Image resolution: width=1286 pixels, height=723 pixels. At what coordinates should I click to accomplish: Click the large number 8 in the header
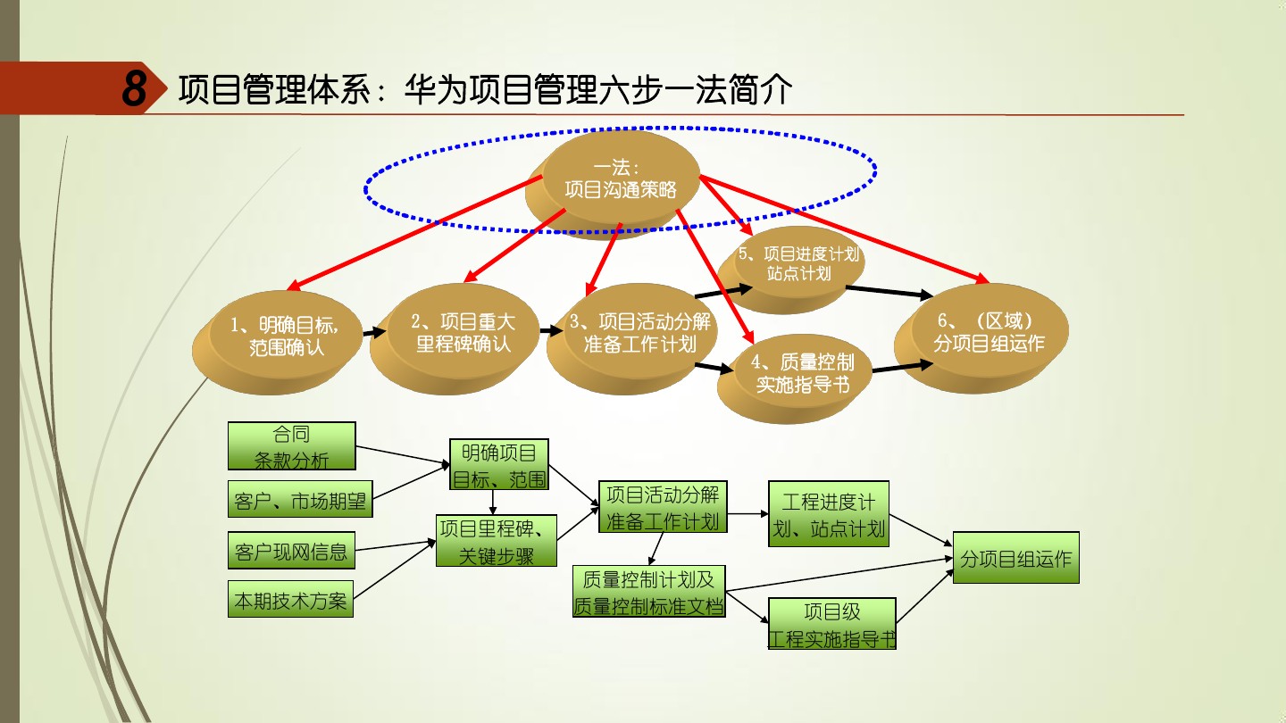pyautogui.click(x=135, y=89)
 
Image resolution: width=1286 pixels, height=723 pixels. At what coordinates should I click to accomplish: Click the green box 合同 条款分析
pyautogui.click(x=291, y=446)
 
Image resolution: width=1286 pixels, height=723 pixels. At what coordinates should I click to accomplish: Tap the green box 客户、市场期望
pyautogui.click(x=300, y=501)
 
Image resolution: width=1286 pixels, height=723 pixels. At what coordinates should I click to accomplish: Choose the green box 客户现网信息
pyautogui.click(x=291, y=551)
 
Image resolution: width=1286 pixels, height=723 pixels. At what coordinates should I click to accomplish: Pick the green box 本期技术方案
pyautogui.click(x=290, y=600)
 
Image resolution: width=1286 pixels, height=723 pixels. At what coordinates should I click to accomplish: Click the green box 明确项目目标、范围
pyautogui.click(x=498, y=465)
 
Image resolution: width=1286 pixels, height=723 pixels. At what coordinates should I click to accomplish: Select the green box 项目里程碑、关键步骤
pyautogui.click(x=497, y=541)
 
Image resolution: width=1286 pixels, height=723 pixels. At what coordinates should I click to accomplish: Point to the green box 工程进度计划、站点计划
pyautogui.click(x=829, y=514)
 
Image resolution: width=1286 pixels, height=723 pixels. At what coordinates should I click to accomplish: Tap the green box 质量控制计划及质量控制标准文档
pyautogui.click(x=648, y=592)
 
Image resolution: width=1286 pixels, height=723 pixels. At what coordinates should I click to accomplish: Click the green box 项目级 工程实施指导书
pyautogui.click(x=831, y=624)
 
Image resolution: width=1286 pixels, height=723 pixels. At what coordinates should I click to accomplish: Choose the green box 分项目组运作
pyautogui.click(x=1015, y=559)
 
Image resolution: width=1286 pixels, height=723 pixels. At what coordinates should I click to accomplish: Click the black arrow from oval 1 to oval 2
pyautogui.click(x=375, y=331)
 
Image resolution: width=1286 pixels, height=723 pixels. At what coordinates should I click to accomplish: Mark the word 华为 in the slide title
pyautogui.click(x=436, y=90)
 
